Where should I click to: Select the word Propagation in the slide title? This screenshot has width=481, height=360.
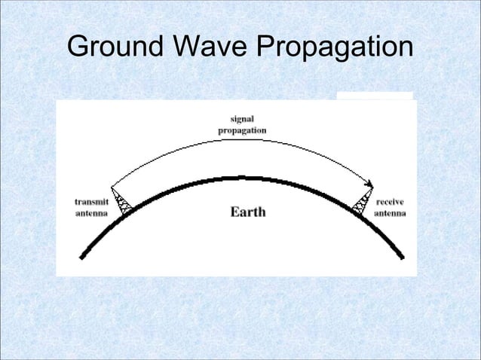point(335,49)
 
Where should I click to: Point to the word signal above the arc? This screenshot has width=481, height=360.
point(241,119)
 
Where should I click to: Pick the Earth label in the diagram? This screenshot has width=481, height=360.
point(247,212)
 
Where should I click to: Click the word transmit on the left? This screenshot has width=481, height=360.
point(90,203)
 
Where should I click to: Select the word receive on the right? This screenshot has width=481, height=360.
point(391,203)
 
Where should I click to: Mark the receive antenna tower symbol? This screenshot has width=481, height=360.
point(363,200)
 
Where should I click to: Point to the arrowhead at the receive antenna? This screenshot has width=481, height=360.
point(370,184)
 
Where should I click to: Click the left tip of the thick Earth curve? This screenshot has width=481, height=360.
point(81,258)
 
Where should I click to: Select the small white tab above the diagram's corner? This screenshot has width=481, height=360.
point(375,96)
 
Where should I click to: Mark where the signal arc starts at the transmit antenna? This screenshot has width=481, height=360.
point(112,186)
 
